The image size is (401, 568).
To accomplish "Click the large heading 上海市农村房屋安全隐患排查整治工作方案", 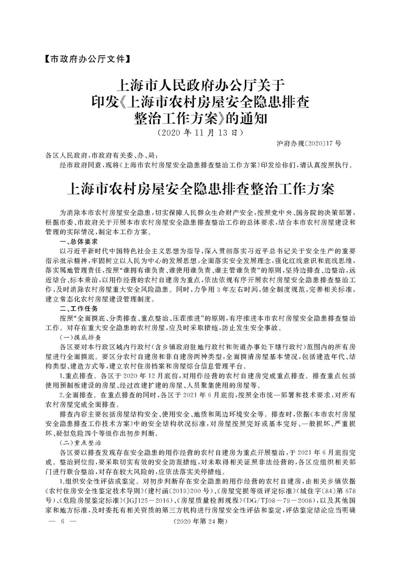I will coord(200,188).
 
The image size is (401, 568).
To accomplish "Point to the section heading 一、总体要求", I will coord(79,241).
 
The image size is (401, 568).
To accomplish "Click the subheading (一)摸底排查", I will coord(80,336).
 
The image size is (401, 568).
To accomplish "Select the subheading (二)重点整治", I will coord(80,443).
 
